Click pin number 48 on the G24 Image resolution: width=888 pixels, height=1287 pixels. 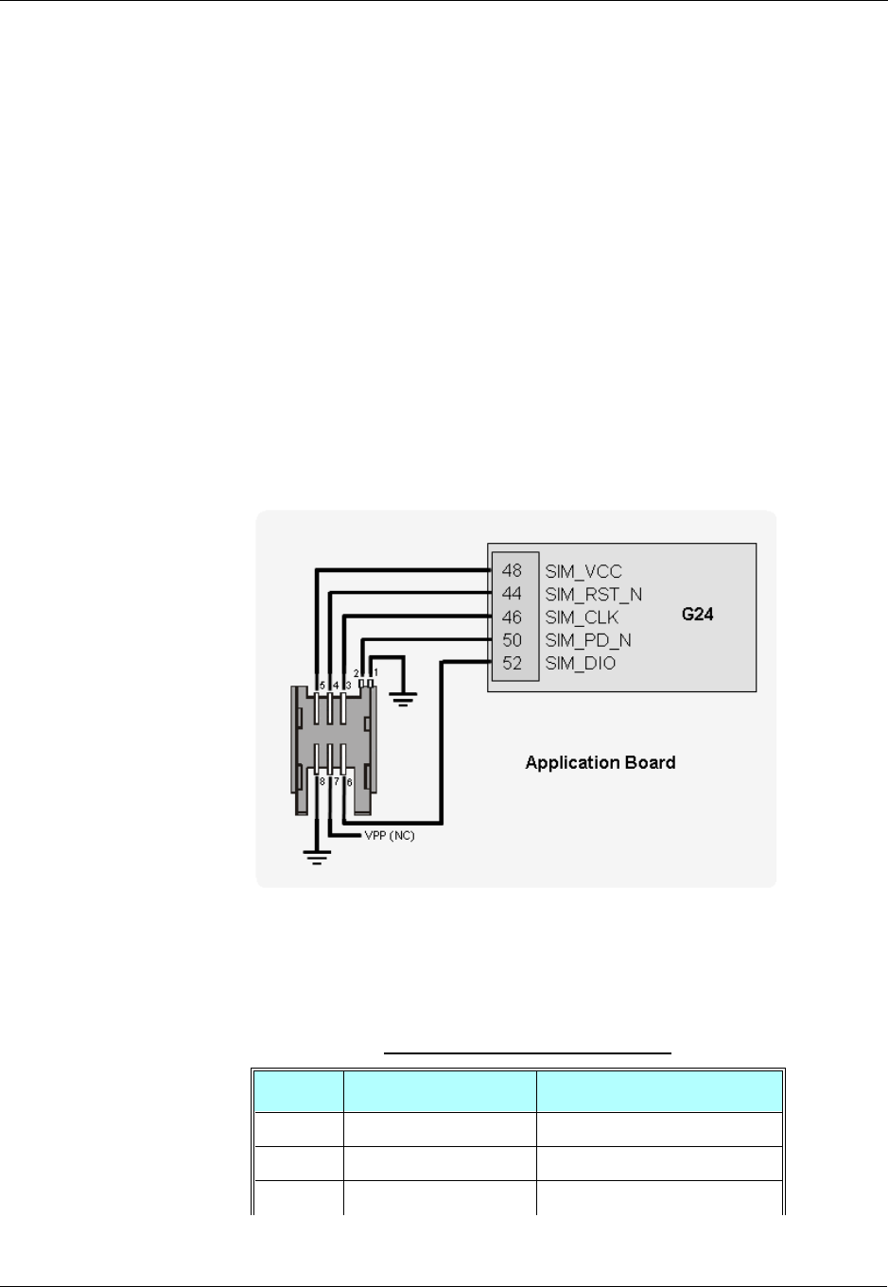[512, 571]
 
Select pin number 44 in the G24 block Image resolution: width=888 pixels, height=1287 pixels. [512, 594]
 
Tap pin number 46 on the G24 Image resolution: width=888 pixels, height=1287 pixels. [512, 617]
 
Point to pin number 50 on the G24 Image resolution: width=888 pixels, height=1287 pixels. [512, 640]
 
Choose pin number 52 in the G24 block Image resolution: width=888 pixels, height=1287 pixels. [512, 663]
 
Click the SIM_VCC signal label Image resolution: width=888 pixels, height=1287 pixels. [583, 571]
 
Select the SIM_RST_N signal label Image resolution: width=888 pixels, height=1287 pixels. [593, 594]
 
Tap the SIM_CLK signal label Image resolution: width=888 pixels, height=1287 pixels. [582, 617]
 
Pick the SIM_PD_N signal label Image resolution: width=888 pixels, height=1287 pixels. [588, 640]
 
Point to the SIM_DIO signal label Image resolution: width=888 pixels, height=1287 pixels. [580, 663]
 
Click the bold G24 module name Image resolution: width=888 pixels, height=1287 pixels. [698, 615]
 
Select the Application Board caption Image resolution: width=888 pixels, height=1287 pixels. [601, 762]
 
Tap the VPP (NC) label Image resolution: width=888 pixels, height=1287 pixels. [390, 837]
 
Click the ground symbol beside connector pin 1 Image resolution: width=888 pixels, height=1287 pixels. [404, 701]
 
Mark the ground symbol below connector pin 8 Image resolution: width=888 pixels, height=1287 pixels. [316, 858]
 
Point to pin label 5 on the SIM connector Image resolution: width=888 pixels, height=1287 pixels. [322, 685]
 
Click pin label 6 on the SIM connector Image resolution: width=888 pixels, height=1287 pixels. [349, 783]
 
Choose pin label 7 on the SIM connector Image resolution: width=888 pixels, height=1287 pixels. [336, 783]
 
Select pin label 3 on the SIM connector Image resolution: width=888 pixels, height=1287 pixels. [347, 685]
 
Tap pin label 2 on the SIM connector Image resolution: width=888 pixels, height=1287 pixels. [357, 672]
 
